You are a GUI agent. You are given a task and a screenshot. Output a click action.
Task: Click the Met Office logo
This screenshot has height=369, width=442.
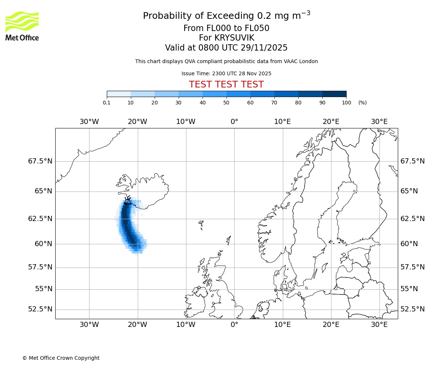point(22,26)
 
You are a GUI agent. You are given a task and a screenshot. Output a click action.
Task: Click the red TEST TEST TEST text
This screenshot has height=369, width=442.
point(226,85)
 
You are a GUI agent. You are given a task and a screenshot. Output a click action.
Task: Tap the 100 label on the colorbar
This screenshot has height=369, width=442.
point(346,103)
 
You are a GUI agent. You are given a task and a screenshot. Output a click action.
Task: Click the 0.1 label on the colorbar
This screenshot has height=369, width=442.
point(107,103)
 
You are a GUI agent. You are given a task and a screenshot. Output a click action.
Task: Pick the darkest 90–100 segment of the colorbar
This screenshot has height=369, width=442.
point(334,94)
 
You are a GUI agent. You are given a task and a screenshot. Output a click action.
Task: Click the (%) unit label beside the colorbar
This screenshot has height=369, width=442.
point(362,103)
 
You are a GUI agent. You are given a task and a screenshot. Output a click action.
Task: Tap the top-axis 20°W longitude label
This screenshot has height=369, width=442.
point(137,122)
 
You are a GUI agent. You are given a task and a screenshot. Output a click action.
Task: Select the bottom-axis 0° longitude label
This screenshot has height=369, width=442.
point(234,325)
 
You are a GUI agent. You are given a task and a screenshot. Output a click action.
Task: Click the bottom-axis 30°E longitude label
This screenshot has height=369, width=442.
point(379,325)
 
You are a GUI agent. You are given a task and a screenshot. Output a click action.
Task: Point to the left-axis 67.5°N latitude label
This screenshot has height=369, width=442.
point(40,161)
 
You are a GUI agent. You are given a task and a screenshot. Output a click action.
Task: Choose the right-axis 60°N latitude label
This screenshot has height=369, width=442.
point(409,244)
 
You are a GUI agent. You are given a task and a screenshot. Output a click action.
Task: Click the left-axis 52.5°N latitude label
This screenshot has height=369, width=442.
point(40,309)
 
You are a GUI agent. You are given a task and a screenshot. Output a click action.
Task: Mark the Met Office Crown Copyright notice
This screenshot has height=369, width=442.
point(61,358)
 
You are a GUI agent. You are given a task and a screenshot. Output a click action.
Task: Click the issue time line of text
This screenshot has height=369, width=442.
point(226,73)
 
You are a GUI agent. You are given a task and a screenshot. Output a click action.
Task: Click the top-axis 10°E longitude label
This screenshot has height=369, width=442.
point(283,122)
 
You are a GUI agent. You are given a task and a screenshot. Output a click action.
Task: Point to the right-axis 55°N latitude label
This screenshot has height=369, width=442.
point(409,289)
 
